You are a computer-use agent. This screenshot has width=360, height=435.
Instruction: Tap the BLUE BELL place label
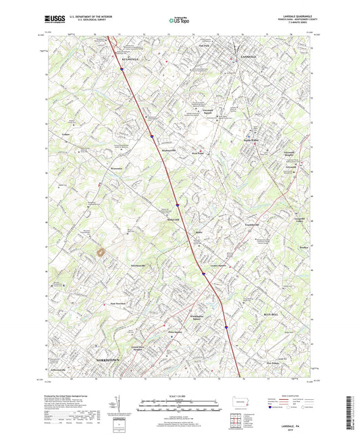tap(271, 314)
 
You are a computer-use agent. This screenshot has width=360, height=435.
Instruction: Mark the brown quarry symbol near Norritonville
tap(103, 252)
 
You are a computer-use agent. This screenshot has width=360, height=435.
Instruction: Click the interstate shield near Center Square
tap(203, 273)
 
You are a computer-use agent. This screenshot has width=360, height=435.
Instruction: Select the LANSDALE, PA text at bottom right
tap(311, 417)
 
